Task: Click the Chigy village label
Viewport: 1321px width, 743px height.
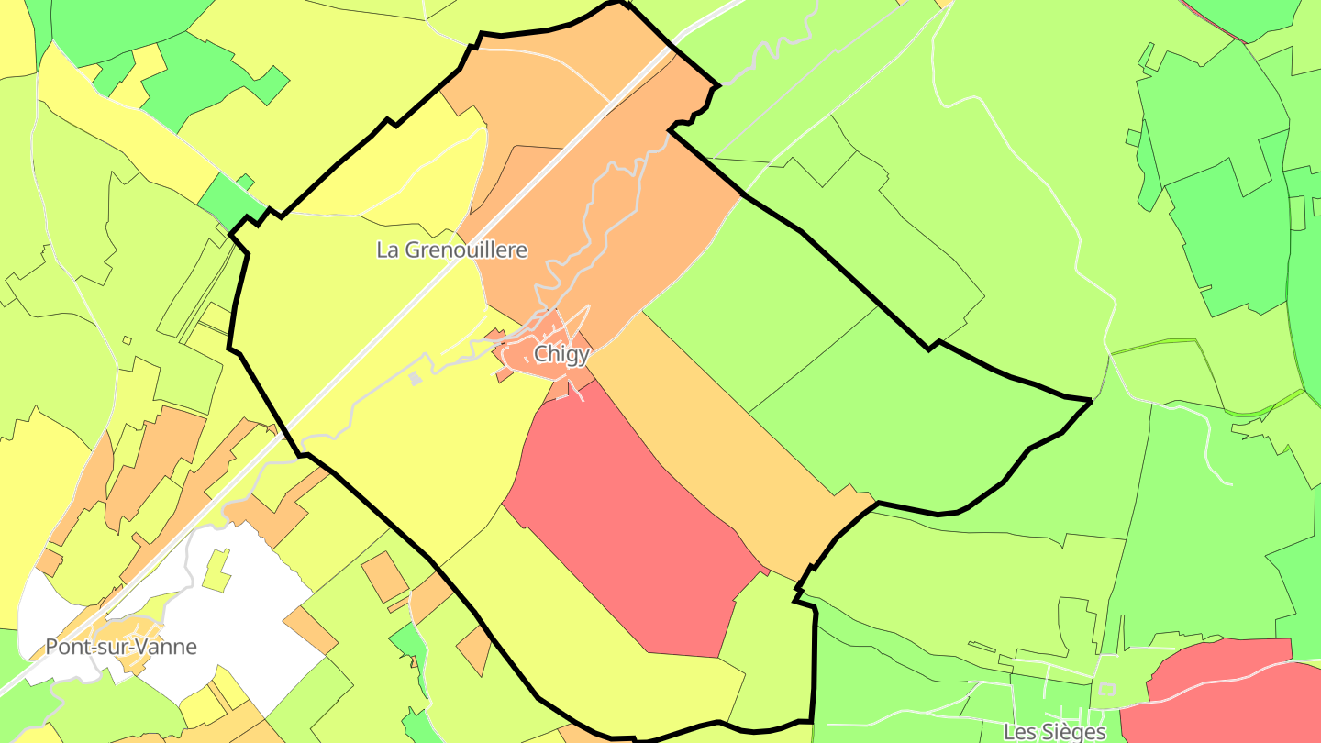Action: coord(561,355)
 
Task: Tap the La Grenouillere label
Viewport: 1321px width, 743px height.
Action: coord(452,250)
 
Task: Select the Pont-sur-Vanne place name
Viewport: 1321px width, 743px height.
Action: coord(121,647)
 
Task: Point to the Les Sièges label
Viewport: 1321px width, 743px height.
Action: coord(1054,732)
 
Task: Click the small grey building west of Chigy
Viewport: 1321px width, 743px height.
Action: coord(415,378)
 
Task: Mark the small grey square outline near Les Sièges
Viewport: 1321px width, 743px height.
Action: coord(1106,690)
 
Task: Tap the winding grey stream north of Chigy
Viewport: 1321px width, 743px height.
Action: coord(596,211)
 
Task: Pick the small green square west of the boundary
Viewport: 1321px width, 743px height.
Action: coord(245,181)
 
